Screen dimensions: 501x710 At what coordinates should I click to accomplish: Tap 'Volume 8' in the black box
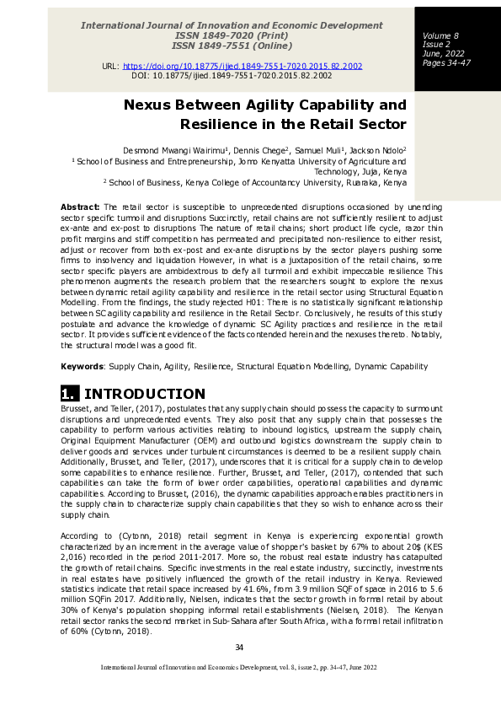440,35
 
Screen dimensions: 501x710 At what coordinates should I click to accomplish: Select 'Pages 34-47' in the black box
446,63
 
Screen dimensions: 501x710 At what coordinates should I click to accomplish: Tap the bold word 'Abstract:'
80,207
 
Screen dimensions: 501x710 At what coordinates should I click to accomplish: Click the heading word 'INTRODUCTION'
145,394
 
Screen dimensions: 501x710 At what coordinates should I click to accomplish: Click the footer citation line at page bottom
238,667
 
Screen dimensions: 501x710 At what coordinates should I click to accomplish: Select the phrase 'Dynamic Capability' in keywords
394,367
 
